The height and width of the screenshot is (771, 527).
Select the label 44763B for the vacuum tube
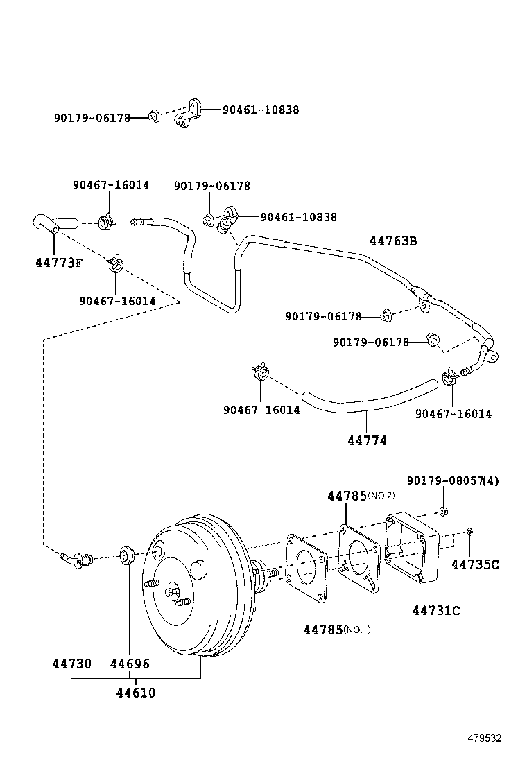tap(393, 241)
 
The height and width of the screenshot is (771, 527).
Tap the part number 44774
tap(368, 440)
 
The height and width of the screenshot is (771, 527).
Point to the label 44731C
tap(435, 610)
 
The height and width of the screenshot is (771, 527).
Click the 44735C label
tap(475, 564)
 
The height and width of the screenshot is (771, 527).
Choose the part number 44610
tap(135, 693)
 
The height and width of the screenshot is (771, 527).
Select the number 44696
tap(130, 664)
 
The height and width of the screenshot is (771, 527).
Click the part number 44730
tap(71, 664)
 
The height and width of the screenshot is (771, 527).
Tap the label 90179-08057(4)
tap(453, 480)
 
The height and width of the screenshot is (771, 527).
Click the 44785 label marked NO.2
tap(347, 496)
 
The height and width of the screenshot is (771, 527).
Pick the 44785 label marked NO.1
tap(323, 630)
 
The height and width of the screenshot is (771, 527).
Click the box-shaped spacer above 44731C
tap(413, 548)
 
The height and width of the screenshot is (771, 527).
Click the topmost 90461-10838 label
tap(261, 110)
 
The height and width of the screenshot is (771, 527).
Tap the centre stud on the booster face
tap(172, 593)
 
